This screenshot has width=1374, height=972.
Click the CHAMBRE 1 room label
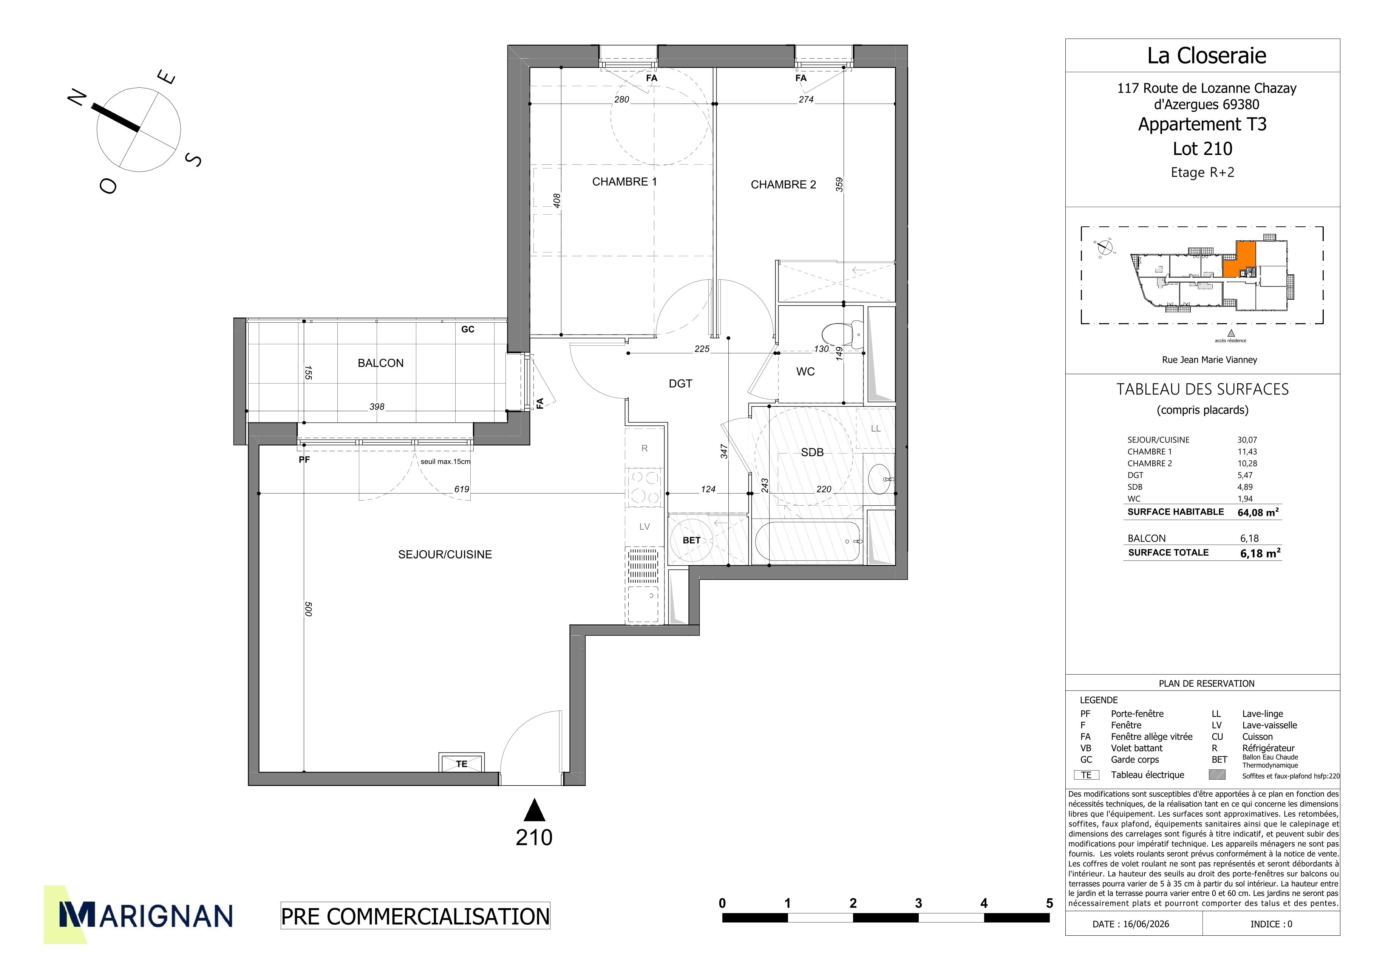pos(624,181)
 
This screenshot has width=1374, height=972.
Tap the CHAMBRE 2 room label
pos(784,184)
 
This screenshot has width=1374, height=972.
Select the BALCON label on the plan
pos(380,363)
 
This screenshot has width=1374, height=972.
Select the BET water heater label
pos(691,540)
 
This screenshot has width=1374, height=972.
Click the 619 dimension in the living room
pos(461,489)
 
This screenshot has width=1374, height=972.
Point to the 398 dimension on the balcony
pos(377,406)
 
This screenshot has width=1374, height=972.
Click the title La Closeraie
pos(1206,56)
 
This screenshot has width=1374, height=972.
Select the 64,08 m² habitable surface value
pos(1258,512)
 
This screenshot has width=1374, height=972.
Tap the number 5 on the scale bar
pos(1049,903)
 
